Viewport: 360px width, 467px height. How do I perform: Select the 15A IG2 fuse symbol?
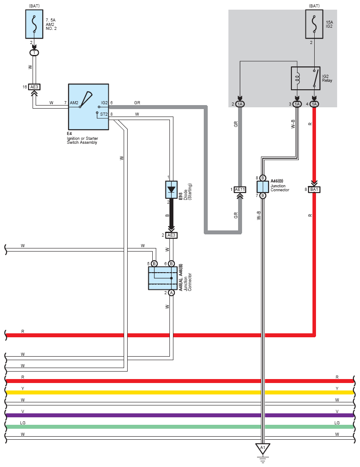[x=314, y=25]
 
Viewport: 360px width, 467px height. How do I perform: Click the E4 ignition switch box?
[x=88, y=107]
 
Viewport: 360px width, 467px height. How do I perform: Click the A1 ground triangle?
[x=263, y=449]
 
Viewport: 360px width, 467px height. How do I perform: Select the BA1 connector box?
[x=314, y=190]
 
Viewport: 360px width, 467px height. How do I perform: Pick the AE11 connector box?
[x=240, y=190]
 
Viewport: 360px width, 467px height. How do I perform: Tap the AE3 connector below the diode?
[x=172, y=235]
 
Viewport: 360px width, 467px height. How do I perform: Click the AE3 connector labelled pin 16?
[x=34, y=87]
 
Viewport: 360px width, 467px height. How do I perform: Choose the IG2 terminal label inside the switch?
[x=104, y=103]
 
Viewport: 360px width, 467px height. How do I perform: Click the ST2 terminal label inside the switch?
[x=104, y=114]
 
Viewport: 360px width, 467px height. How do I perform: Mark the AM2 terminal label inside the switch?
[x=74, y=103]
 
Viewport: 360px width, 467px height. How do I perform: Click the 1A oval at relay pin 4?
[x=314, y=104]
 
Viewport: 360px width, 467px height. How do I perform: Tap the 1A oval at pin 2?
[x=240, y=104]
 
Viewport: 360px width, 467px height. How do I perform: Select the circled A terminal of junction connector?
[x=172, y=292]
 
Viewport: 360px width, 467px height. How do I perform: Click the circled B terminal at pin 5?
[x=154, y=263]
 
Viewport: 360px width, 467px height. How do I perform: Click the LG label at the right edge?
[x=337, y=423]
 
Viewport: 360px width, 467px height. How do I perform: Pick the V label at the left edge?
[x=22, y=411]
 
